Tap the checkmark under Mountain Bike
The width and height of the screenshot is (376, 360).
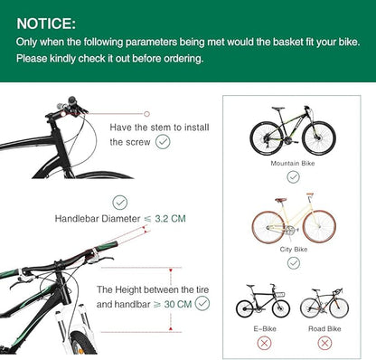(x=293, y=176)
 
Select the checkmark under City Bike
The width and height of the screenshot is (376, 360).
(x=294, y=263)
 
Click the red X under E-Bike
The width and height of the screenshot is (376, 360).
(x=264, y=343)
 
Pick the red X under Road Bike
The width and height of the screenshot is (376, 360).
(x=324, y=343)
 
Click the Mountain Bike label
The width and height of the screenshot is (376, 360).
(x=293, y=163)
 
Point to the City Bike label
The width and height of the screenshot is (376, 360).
(x=294, y=250)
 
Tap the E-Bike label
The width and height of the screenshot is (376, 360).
(x=265, y=328)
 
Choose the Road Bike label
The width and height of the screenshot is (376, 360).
(x=324, y=328)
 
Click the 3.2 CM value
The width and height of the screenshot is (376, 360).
(x=170, y=219)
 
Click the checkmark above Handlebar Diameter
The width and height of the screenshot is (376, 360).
(x=120, y=203)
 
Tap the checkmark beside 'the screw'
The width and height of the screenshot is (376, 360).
(x=163, y=142)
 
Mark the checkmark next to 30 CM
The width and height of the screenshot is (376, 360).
(x=202, y=303)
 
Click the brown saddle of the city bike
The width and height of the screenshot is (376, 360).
(x=281, y=200)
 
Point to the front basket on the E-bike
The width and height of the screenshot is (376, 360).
(x=280, y=294)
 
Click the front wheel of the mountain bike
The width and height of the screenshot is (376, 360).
(x=319, y=138)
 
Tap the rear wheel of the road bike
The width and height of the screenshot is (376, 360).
(x=313, y=308)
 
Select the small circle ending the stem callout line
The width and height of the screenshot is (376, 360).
(x=146, y=114)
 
